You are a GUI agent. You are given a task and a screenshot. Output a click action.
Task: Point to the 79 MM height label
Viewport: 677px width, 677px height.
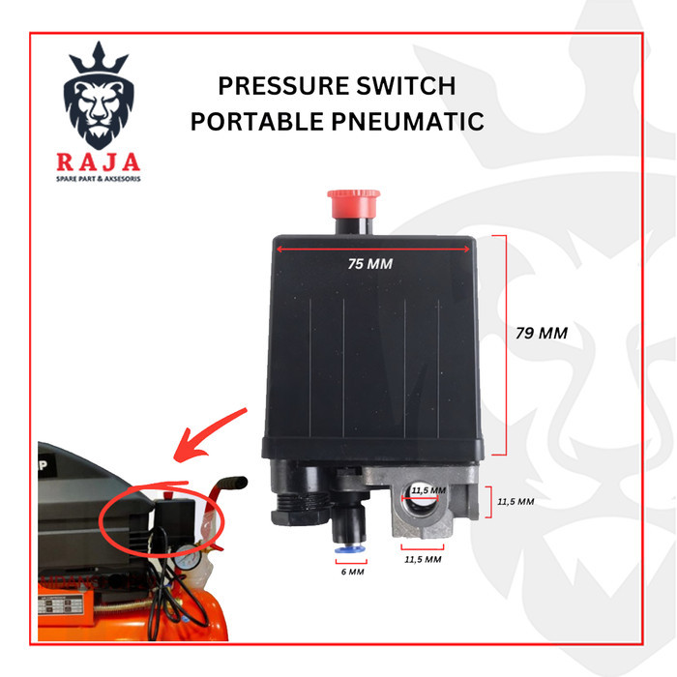click(540, 333)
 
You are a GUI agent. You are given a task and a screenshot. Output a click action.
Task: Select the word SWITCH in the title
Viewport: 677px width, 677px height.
click(410, 87)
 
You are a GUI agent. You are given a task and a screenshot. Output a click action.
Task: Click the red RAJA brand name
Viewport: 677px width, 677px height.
click(98, 162)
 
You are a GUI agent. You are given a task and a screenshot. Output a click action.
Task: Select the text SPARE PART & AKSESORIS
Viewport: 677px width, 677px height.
click(98, 180)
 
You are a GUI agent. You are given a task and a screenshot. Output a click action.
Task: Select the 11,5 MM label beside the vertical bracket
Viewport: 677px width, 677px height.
click(515, 503)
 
